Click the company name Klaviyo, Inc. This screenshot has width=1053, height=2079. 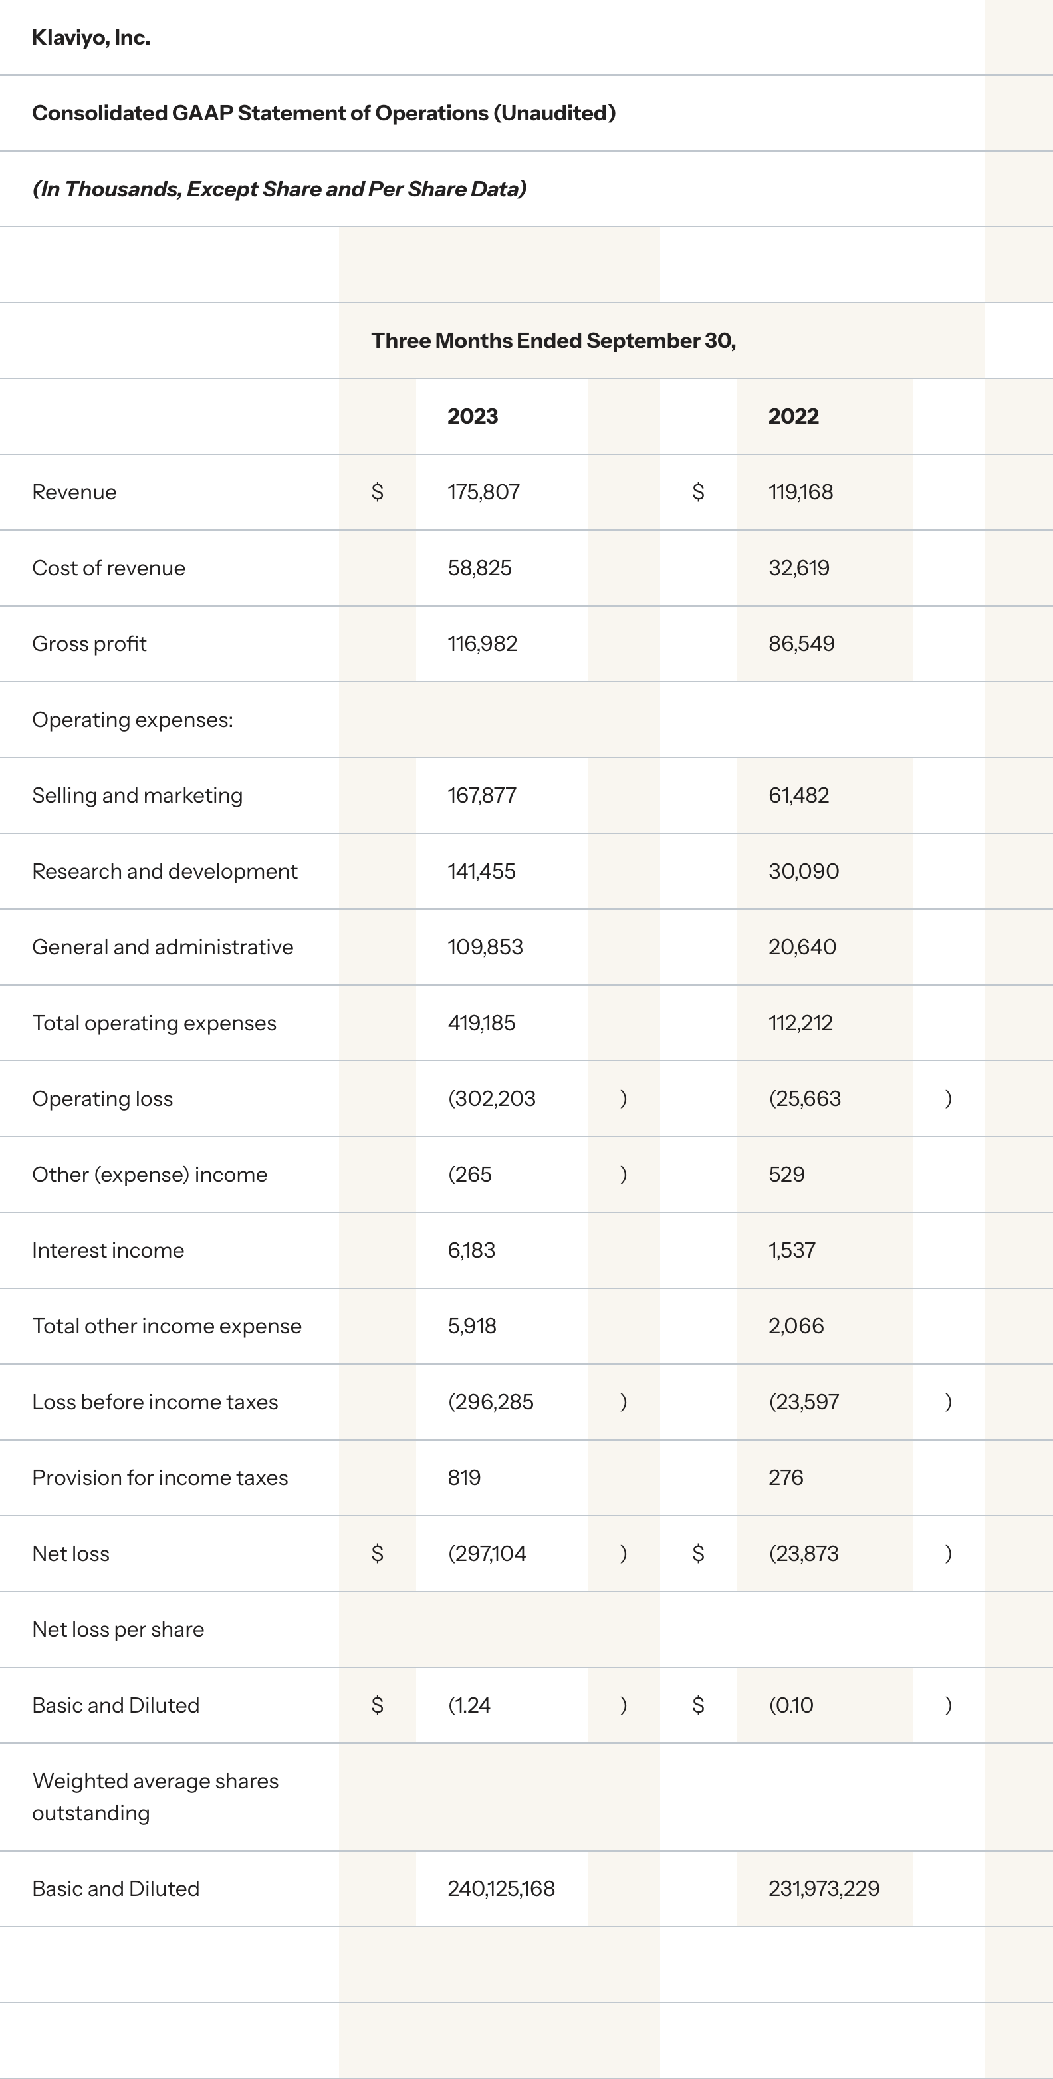tap(90, 38)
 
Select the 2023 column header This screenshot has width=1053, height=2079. tap(473, 416)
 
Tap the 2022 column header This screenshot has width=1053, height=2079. tap(793, 416)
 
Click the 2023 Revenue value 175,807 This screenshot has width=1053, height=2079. tap(483, 492)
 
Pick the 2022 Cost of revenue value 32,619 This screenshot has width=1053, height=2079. tap(799, 568)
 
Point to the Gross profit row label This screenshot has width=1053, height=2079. tap(90, 644)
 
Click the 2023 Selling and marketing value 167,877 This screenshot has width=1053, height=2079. tap(482, 796)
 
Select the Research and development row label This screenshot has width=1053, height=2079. tap(165, 872)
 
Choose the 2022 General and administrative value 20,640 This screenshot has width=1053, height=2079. tap(802, 948)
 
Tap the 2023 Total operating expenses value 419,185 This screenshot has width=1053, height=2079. tap(481, 1024)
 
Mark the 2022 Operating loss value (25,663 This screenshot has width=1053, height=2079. tap(804, 1099)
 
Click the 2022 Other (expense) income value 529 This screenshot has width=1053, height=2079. tap(786, 1175)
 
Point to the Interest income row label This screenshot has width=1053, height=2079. tap(108, 1251)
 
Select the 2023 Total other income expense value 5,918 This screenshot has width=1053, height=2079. tap(472, 1327)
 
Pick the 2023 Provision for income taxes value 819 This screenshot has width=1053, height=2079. tap(464, 1478)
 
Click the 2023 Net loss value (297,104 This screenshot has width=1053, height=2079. tap(487, 1554)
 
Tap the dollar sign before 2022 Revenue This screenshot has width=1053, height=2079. tap(698, 492)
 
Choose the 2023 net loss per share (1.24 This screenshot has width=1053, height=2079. tap(469, 1706)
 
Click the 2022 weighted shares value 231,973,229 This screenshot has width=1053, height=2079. tap(824, 1889)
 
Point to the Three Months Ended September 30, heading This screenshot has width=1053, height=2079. tap(554, 341)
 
